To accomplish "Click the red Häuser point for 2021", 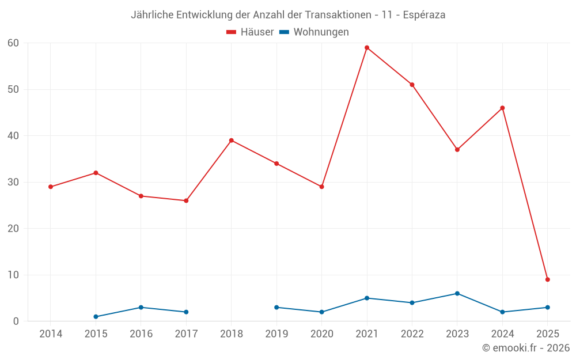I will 367,48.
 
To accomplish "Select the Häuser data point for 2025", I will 548,279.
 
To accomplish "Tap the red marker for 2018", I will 232,141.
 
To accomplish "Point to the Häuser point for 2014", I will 51,187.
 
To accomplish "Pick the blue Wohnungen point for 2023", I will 457,293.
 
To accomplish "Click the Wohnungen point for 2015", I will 96,317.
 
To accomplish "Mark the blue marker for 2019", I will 276,308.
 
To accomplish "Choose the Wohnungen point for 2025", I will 548,308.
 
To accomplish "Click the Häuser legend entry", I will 250,32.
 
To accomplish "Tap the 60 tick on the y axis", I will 13,43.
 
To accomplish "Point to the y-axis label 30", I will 13,182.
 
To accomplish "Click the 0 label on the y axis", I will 16,321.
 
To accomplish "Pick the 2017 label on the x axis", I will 186,334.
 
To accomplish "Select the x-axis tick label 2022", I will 412,334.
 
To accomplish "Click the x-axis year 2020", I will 321,334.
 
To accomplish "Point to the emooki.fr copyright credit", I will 525,348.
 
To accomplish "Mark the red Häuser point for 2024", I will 502,108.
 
